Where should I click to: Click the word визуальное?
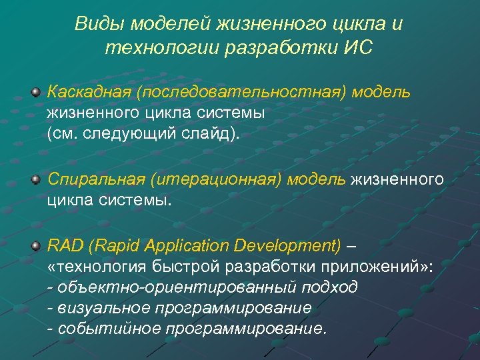(x=101, y=308)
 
